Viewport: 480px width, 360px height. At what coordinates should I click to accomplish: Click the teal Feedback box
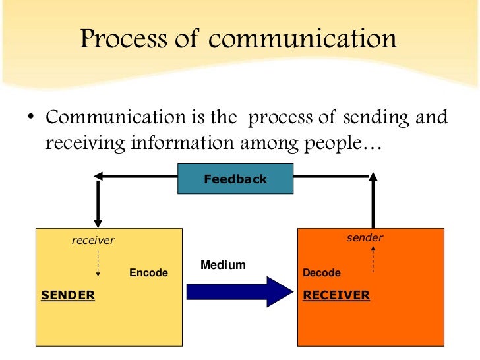[235, 179]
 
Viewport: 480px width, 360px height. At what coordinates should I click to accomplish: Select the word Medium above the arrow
[223, 265]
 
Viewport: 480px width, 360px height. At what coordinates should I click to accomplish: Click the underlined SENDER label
[68, 295]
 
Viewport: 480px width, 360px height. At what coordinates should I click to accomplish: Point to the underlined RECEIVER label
[336, 295]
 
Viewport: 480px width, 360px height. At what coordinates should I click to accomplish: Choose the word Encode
[148, 273]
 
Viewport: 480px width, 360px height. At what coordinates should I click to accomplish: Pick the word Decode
[322, 273]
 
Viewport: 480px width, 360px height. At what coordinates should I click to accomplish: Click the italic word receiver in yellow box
[93, 241]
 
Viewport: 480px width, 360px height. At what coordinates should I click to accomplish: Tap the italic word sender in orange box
[365, 237]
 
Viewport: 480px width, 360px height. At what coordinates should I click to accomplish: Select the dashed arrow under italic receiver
[98, 262]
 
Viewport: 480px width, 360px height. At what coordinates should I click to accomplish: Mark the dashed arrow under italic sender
[373, 259]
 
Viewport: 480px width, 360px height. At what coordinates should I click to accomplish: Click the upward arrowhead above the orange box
[373, 177]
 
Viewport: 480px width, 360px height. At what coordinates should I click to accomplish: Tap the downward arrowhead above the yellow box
[98, 223]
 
